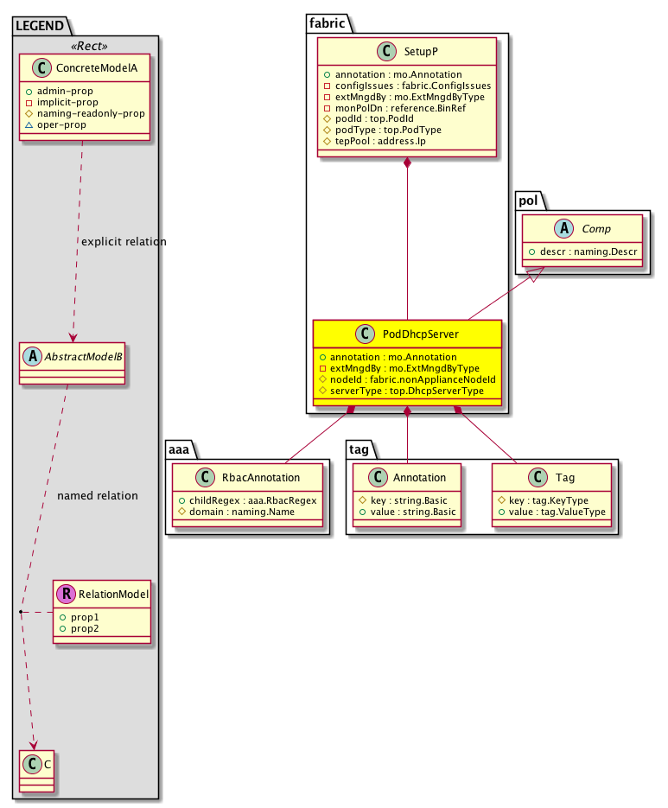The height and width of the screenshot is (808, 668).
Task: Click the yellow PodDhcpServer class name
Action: coord(421,334)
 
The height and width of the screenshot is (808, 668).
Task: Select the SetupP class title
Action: coord(419,51)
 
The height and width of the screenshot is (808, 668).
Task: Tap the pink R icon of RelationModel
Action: coord(65,595)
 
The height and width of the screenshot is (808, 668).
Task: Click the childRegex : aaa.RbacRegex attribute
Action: coord(248,500)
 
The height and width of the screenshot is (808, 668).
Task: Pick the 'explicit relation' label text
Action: coord(124,241)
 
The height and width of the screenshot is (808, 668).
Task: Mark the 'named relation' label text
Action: coord(97,496)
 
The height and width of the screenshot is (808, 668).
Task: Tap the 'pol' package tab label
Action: coord(528,200)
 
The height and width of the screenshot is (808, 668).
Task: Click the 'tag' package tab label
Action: coord(359,449)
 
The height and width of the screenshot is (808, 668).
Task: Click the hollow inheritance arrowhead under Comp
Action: coord(537,275)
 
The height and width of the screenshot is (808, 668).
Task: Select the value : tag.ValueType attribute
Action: coord(554,512)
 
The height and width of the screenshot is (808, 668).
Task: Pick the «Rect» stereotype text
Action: coord(85,45)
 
